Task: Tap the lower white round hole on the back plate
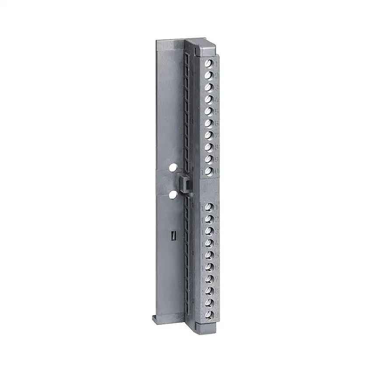[x=173, y=194]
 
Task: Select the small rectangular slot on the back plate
[x=173, y=235]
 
